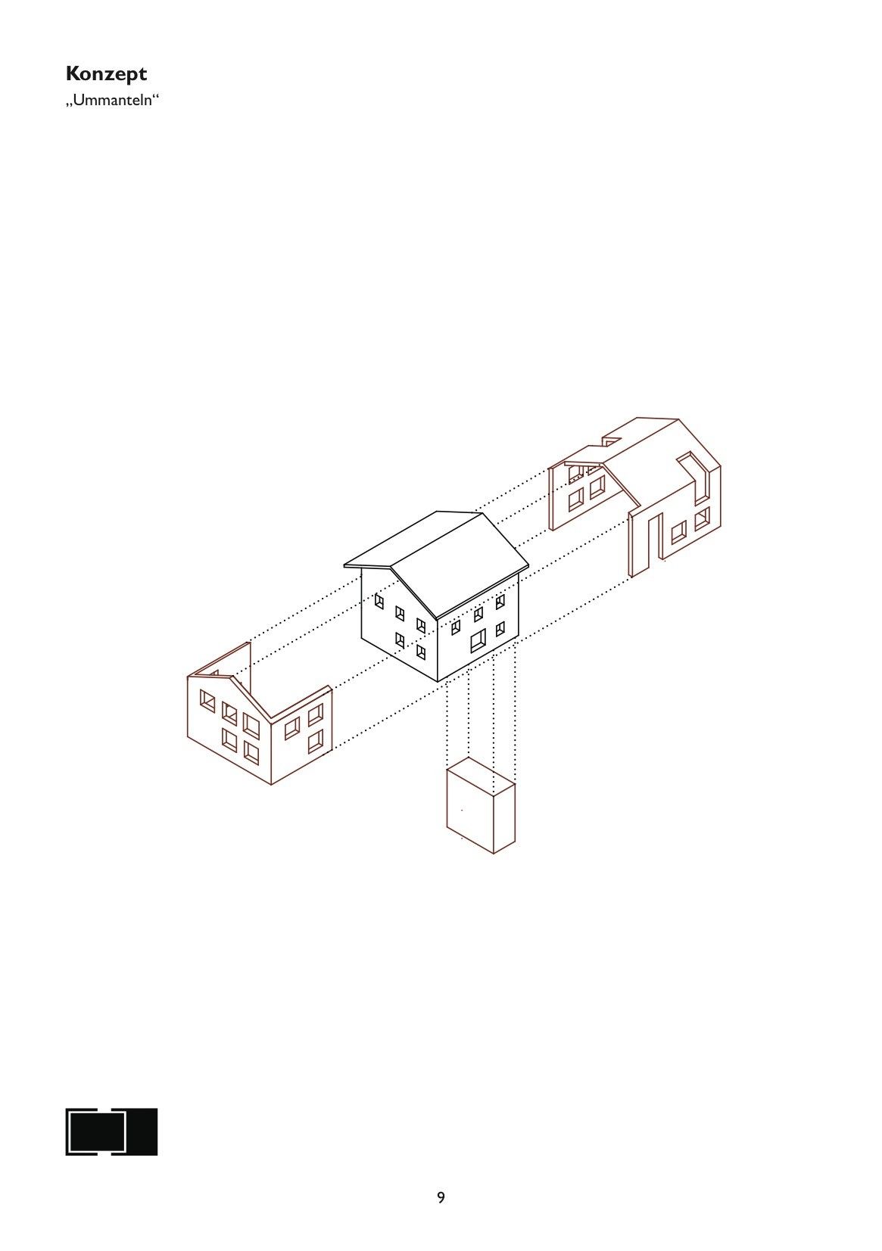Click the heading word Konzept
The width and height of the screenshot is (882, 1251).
pyautogui.click(x=106, y=74)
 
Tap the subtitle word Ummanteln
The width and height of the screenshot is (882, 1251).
pyautogui.click(x=112, y=101)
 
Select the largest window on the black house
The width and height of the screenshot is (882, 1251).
pyautogui.click(x=478, y=640)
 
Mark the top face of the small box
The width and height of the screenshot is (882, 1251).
pyautogui.click(x=481, y=775)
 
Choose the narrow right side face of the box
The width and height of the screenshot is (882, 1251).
pyautogui.click(x=504, y=817)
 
